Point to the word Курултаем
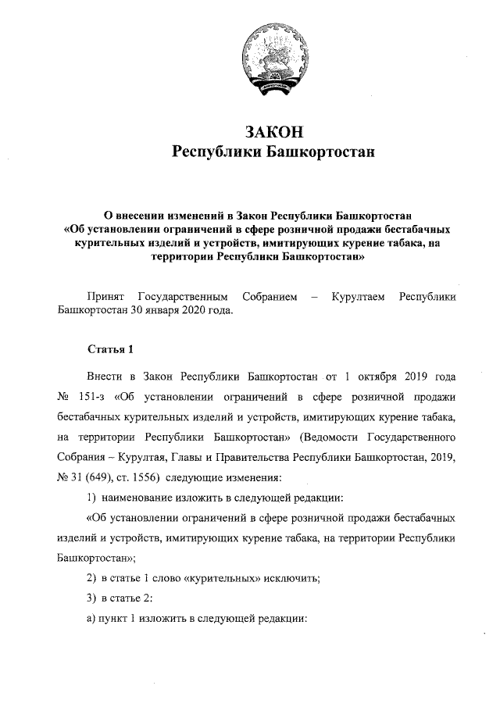(358, 296)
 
